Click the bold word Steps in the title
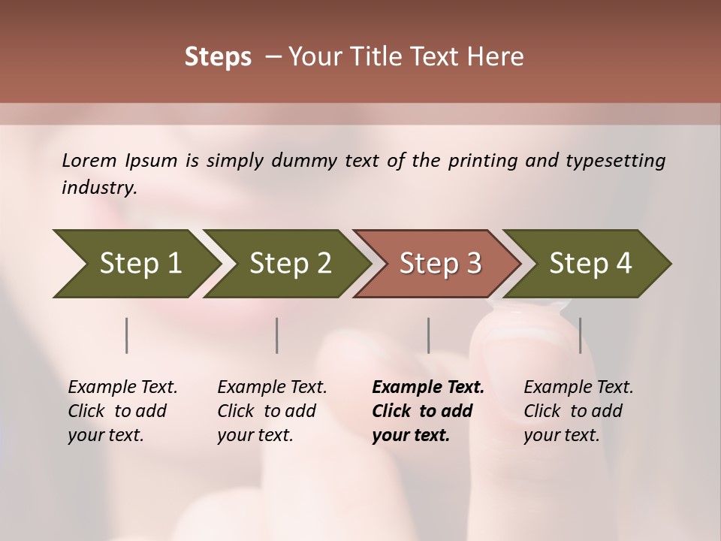(218, 56)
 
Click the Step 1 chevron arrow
(135, 264)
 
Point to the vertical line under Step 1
(127, 335)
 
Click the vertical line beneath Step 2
(277, 335)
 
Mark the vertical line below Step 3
(428, 335)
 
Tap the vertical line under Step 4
(580, 335)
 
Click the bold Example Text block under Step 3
(428, 411)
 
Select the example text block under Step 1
(122, 411)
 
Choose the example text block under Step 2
(272, 411)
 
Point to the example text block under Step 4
(578, 411)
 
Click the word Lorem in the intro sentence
(89, 161)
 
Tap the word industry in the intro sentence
(99, 188)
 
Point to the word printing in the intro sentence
(482, 161)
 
